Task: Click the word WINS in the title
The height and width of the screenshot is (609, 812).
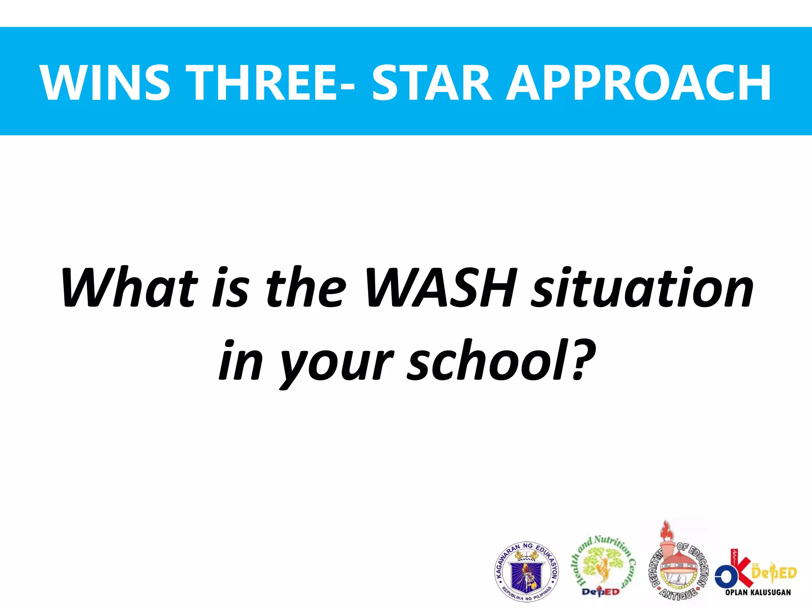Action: pos(105,82)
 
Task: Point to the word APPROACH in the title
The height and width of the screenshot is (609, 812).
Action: pos(639,82)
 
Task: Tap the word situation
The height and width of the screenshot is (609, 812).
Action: pos(642,288)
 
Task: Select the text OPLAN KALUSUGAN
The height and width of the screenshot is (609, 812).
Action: pos(758,592)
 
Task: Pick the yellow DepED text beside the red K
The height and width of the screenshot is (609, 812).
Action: pos(774,573)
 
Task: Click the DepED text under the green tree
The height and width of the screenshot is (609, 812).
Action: pos(600,592)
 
